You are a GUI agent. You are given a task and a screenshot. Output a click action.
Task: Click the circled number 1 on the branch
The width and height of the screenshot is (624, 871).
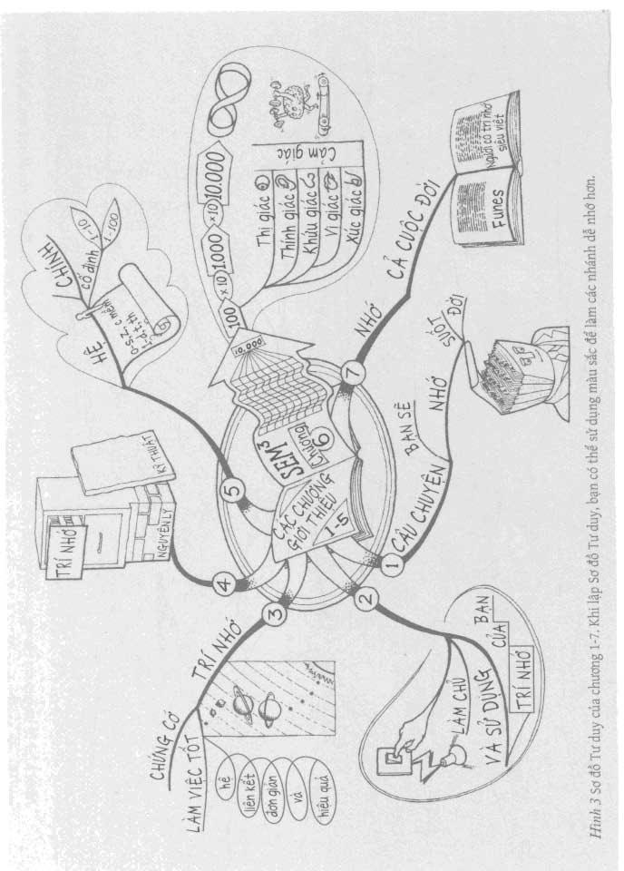click(391, 564)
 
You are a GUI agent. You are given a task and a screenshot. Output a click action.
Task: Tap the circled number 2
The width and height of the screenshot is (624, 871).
click(366, 599)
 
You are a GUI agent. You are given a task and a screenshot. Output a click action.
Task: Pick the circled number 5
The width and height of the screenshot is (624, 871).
click(234, 491)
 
